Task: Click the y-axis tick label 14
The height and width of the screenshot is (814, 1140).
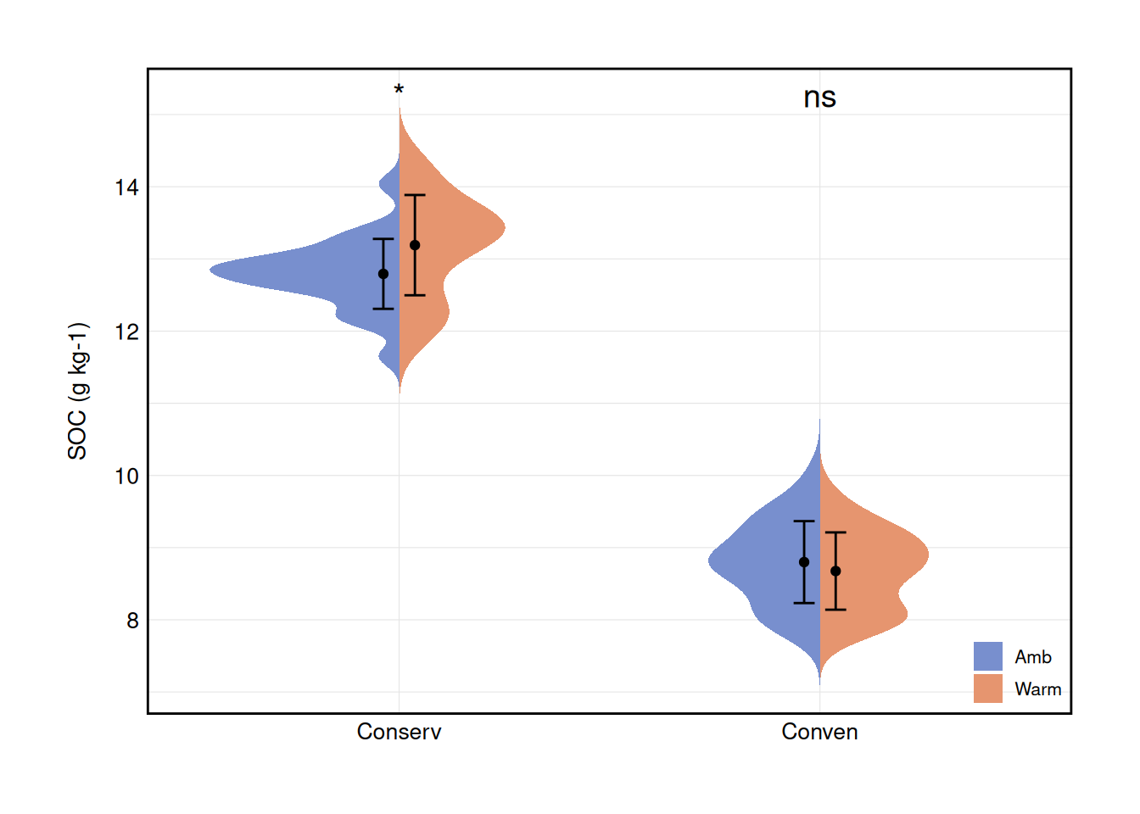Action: pos(126,187)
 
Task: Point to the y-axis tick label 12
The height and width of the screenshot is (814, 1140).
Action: pos(126,332)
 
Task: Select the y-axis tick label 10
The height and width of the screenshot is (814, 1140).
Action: pos(126,477)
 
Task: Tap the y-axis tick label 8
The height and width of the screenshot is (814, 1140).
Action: pos(132,621)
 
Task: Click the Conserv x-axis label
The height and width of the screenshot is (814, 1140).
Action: pos(399,732)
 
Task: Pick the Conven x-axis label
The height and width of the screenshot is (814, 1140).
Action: pos(819,732)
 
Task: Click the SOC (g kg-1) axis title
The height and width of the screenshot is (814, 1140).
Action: pos(78,391)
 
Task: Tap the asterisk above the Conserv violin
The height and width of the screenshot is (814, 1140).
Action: pos(399,91)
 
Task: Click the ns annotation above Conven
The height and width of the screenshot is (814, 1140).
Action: pos(819,98)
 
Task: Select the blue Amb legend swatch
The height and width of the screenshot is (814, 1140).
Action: pos(987,656)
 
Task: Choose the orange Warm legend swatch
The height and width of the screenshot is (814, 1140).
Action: pos(987,689)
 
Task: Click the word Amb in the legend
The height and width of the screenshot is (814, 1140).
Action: pos(1032,657)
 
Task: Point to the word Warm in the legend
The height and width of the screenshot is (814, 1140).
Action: pos(1037,689)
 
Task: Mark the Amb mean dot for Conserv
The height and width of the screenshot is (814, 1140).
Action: pos(383,274)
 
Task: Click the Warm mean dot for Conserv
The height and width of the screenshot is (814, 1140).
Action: pos(415,245)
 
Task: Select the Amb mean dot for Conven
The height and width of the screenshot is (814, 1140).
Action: pos(804,562)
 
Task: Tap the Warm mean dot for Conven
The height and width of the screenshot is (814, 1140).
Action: pos(835,571)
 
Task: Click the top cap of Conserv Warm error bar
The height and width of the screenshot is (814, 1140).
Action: pos(415,195)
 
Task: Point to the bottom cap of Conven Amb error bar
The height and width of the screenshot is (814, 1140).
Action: pos(804,603)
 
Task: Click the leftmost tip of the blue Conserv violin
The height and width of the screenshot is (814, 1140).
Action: pos(212,270)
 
